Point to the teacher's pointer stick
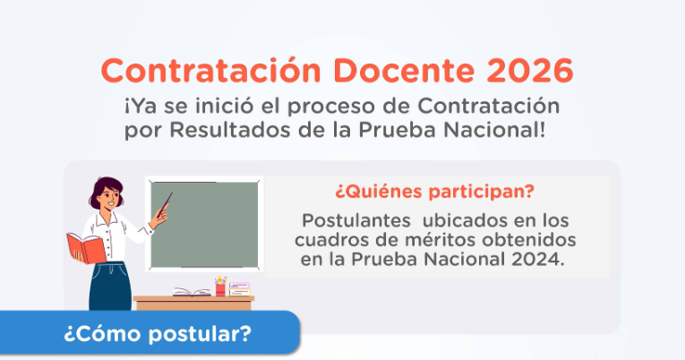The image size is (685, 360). point(160,217)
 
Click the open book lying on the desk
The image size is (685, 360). point(192,292)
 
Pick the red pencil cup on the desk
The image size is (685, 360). point(220,288)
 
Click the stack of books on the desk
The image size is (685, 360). point(239,289)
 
